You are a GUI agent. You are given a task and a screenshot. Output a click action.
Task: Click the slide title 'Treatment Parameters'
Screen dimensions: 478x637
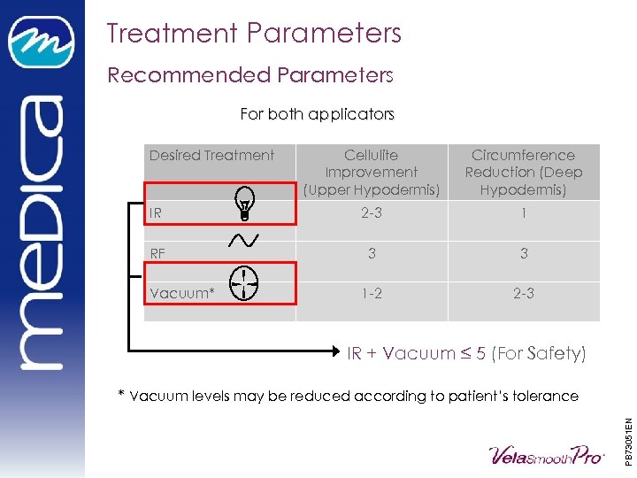point(254,34)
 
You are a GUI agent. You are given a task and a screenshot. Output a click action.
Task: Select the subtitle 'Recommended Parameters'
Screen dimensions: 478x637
point(249,75)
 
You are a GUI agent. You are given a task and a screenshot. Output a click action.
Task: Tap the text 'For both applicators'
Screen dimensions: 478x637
point(317,114)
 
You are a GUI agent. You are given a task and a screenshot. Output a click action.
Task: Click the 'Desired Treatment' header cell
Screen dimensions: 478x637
point(211,156)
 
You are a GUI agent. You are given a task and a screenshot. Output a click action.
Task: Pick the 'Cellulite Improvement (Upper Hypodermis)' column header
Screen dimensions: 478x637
point(372,173)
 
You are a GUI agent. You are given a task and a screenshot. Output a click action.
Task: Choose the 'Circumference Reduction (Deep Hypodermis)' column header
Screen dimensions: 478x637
point(524,173)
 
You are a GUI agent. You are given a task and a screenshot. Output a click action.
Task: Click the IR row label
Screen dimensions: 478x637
point(156,213)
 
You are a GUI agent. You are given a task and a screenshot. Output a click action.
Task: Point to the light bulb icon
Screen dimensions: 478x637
point(244,203)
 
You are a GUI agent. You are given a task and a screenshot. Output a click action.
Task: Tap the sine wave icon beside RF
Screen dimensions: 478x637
point(243,241)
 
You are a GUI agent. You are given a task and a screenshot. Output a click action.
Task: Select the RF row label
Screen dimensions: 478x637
point(157,254)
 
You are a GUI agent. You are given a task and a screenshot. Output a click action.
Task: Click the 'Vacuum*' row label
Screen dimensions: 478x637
point(182,293)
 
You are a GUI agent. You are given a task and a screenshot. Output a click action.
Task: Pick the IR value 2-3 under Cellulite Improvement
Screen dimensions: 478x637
point(372,213)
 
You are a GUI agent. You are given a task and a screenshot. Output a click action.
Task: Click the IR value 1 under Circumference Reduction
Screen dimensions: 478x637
point(524,213)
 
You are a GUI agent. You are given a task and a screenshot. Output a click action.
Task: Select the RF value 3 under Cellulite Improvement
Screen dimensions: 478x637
point(372,254)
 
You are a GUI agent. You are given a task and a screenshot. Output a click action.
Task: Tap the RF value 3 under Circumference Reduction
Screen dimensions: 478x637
point(524,254)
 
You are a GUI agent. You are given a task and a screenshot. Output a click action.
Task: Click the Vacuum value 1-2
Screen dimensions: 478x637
point(372,293)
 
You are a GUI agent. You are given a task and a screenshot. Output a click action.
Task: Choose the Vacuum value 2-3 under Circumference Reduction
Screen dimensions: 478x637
point(524,293)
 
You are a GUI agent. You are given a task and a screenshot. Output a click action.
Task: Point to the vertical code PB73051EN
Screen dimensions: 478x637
point(627,429)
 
